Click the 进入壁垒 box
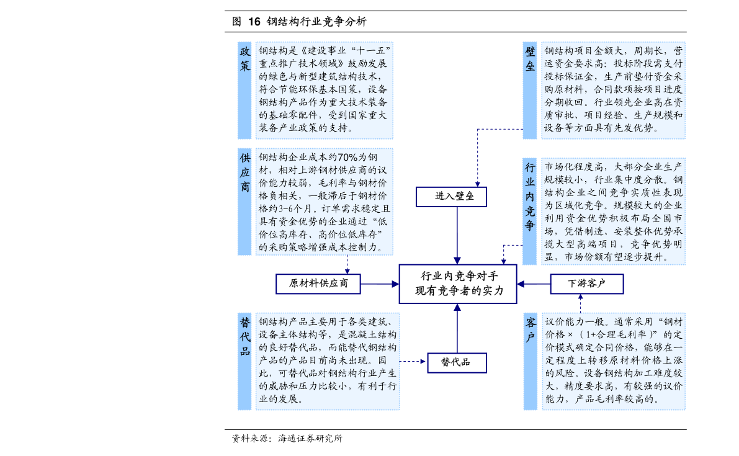(451, 197)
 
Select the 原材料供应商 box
(318, 284)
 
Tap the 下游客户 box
(586, 284)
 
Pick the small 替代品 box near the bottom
(456, 362)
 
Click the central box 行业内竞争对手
(457, 284)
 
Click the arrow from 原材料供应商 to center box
(380, 284)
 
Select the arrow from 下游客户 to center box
(534, 284)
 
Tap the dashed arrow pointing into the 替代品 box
(413, 361)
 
